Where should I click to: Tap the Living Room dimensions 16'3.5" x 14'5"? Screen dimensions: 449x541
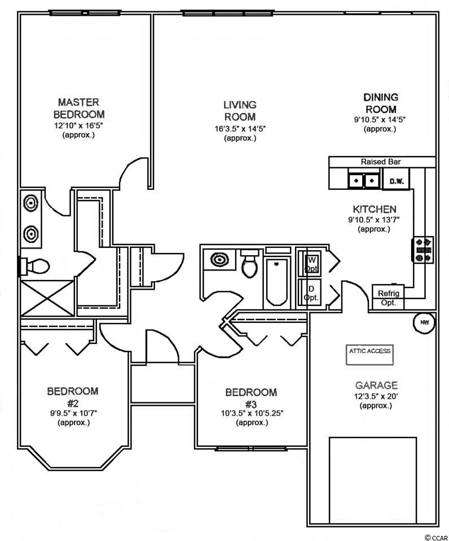tap(240, 128)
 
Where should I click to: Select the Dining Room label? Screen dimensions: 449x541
tap(381, 103)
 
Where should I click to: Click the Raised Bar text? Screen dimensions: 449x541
tap(381, 162)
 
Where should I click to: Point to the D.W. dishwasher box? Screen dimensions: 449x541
tap(396, 179)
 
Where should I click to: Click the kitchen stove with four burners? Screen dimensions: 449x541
tap(422, 250)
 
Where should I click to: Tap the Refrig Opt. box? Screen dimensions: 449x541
tap(388, 297)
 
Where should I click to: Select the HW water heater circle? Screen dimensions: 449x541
tap(424, 322)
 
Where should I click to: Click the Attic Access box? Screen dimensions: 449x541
tap(369, 354)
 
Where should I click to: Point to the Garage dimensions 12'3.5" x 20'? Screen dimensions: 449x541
tap(376, 396)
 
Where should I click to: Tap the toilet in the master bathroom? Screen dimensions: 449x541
tap(34, 266)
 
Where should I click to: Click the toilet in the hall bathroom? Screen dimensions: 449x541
tap(250, 263)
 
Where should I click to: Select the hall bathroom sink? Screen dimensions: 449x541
tap(219, 259)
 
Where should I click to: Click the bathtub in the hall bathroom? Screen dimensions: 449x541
tap(276, 282)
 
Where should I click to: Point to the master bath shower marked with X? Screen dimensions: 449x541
tap(47, 298)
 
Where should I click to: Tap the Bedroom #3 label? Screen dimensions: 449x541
tap(251, 398)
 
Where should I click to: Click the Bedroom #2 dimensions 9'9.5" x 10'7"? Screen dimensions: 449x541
tap(73, 413)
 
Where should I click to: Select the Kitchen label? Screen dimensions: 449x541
tap(375, 209)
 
